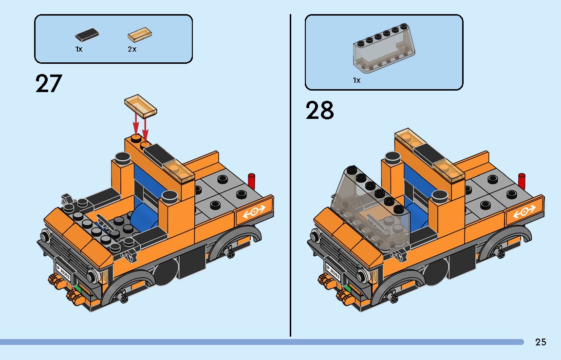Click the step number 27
(x=49, y=84)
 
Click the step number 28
(x=320, y=111)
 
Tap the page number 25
(x=541, y=342)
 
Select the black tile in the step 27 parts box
(x=88, y=35)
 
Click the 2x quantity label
(x=132, y=49)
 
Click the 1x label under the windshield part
(x=357, y=80)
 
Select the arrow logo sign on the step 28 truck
(x=525, y=212)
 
